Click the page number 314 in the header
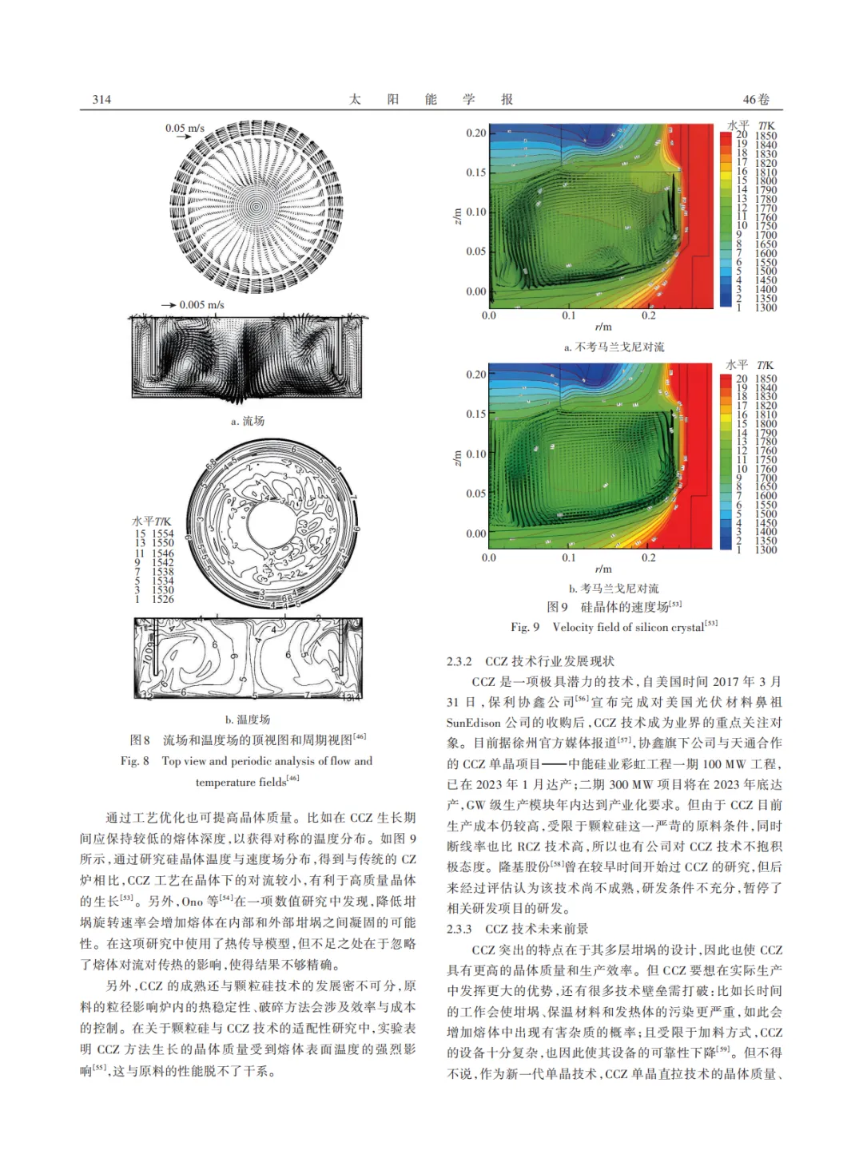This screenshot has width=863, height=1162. click(x=101, y=100)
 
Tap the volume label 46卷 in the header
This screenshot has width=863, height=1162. click(x=756, y=100)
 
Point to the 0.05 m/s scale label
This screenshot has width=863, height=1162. click(x=185, y=128)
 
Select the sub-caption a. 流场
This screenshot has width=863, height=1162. click(x=248, y=421)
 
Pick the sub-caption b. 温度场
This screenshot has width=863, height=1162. click(x=248, y=720)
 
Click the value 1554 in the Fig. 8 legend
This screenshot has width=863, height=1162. click(x=163, y=533)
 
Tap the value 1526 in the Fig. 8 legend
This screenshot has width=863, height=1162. click(x=163, y=599)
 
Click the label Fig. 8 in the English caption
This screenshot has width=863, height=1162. click(x=135, y=761)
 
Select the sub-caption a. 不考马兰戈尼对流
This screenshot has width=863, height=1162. click(x=614, y=347)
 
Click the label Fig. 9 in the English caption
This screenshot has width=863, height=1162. click(x=525, y=627)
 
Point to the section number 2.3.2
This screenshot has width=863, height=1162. click(x=459, y=661)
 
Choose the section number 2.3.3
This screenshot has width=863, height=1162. click(x=459, y=929)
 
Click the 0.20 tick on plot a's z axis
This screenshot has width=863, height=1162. click(x=476, y=133)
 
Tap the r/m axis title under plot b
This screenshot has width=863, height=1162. click(x=603, y=569)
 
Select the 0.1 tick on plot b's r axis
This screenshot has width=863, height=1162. click(x=568, y=557)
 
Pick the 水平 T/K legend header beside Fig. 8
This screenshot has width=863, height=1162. click(x=152, y=522)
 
